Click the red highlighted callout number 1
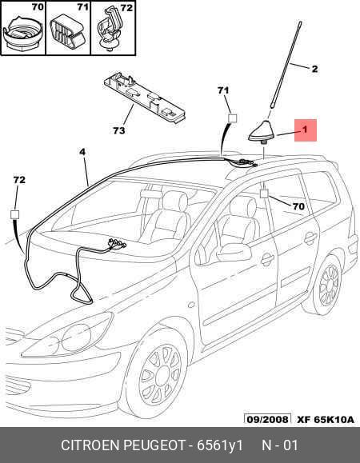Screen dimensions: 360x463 point(306,130)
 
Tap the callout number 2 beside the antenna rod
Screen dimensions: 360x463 point(314,69)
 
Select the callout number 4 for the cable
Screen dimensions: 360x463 point(82,152)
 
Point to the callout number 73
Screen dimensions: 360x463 point(119,130)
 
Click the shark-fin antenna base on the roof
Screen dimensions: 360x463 point(261,132)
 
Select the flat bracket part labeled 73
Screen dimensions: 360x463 point(145,98)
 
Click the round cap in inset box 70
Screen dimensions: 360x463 point(22,33)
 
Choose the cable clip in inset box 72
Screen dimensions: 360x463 point(110,30)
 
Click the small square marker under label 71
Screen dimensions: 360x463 point(233,118)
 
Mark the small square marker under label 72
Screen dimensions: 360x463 point(14,214)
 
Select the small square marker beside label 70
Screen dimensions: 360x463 point(264,194)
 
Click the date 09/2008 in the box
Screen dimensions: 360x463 point(267,419)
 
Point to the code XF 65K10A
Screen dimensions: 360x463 point(325,420)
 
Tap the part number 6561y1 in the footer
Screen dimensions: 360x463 point(219,445)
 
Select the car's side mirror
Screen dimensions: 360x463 point(234,253)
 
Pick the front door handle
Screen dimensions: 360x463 point(267,259)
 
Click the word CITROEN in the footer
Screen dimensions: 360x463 point(90,445)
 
